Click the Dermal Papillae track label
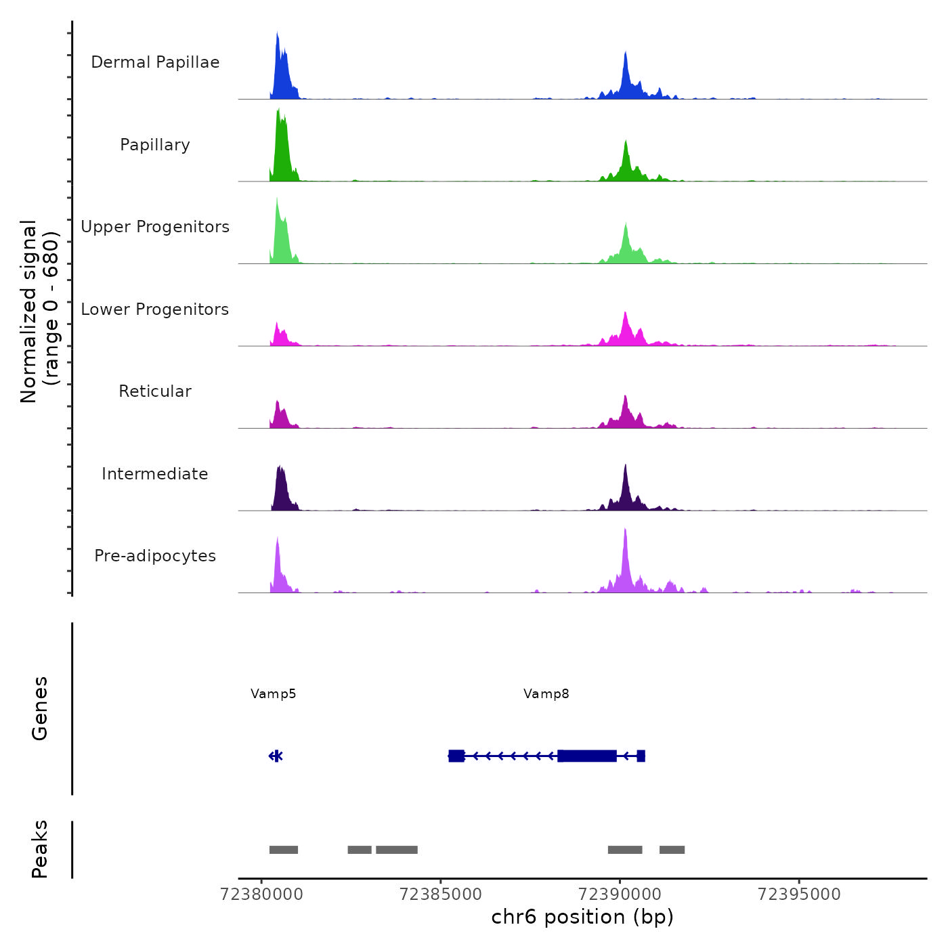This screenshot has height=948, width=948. click(155, 62)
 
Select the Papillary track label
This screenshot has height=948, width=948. click(155, 145)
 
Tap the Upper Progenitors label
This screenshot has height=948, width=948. click(155, 227)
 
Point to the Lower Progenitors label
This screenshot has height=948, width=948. click(155, 309)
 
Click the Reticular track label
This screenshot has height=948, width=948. click(155, 391)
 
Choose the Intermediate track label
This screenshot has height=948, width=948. click(155, 474)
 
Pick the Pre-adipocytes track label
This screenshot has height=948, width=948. click(155, 556)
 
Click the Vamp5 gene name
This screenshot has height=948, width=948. click(274, 694)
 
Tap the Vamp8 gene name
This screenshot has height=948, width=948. click(546, 694)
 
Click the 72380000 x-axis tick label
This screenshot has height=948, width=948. click(262, 895)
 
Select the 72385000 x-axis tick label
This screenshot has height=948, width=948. click(441, 895)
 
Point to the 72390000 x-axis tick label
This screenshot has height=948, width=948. click(620, 895)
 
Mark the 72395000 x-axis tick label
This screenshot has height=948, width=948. click(799, 895)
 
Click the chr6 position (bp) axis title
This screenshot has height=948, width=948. click(582, 918)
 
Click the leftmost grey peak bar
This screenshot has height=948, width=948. click(284, 850)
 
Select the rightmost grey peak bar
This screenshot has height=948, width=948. click(672, 850)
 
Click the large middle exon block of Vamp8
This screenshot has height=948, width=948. click(587, 756)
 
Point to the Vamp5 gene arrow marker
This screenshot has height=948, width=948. click(276, 756)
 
